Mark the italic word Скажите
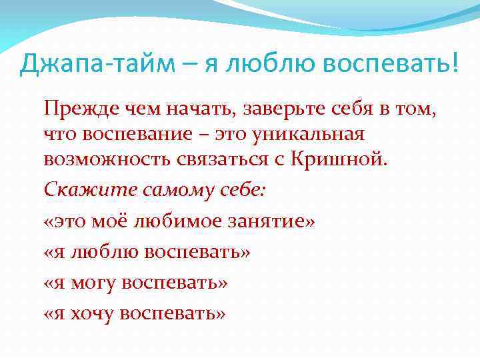(75, 190)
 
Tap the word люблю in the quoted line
(99, 252)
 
